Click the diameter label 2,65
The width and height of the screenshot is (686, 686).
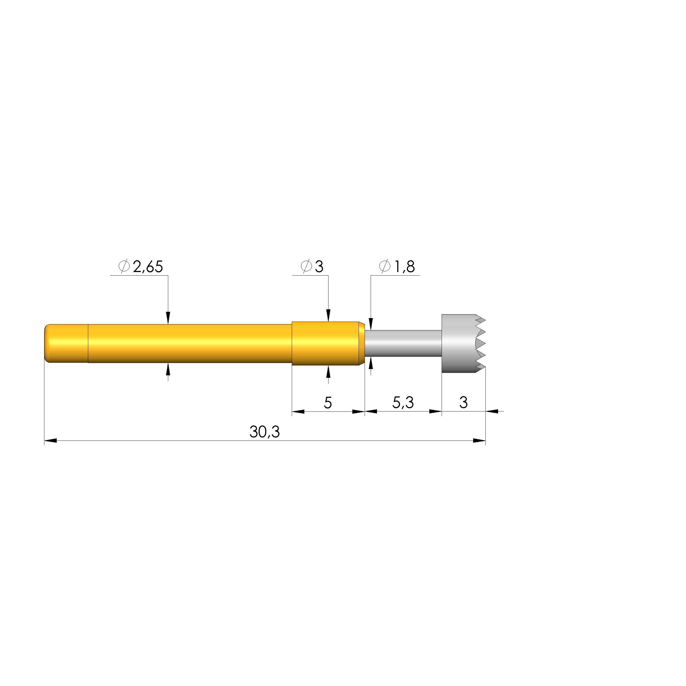pos(148,267)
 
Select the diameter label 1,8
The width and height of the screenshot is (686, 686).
pos(404,267)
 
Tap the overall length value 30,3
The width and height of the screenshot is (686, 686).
pos(265,432)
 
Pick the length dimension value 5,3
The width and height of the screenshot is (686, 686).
pos(403,402)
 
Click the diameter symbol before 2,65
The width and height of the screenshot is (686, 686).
pos(124,266)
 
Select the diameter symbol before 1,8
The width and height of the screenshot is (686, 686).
pos(385,266)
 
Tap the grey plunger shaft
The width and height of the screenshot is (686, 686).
pos(403,343)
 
